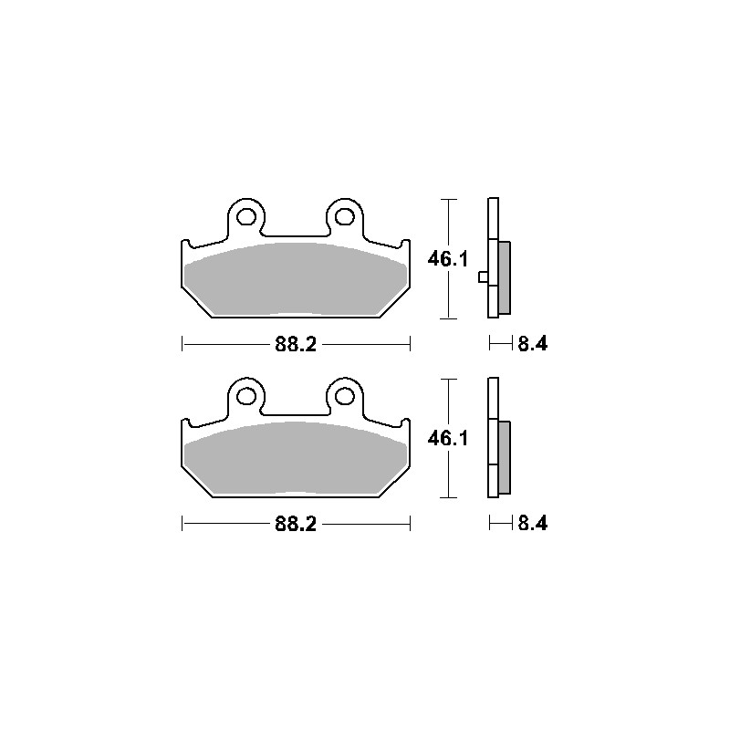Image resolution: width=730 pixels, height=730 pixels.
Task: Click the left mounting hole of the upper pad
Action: point(244,217)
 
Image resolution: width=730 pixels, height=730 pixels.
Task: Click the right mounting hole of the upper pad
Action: point(343,217)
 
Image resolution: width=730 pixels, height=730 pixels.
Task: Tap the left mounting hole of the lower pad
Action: point(244,396)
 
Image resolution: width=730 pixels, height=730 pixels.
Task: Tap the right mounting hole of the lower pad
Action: point(343,396)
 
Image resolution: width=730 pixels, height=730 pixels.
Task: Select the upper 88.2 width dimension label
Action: point(297,345)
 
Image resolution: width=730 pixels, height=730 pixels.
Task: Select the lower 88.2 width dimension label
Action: point(297,524)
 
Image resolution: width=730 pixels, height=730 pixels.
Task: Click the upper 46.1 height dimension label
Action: point(448,259)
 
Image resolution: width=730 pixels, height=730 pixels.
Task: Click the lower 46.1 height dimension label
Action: point(448,439)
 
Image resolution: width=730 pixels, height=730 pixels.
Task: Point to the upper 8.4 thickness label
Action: point(533,344)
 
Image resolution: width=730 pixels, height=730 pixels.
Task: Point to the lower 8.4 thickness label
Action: point(533,524)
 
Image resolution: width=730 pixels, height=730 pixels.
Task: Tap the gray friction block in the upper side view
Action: point(505,275)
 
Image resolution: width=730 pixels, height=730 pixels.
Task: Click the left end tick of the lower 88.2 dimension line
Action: point(183,524)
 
